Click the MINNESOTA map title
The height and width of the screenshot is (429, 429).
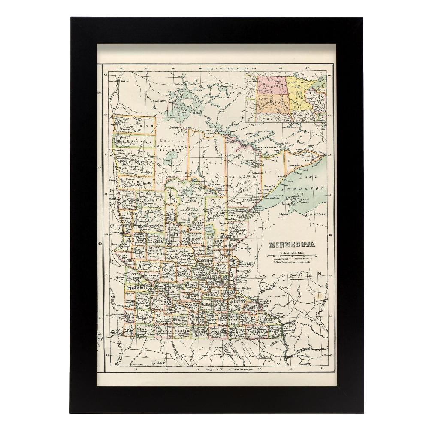[x=291, y=245]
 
